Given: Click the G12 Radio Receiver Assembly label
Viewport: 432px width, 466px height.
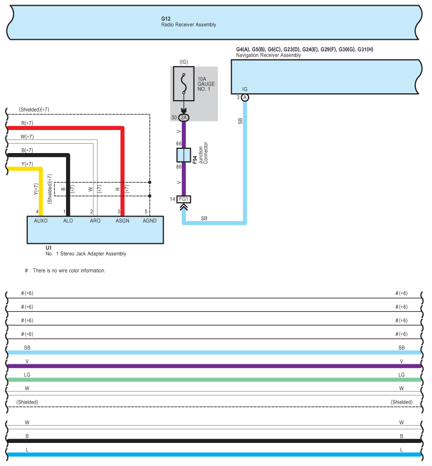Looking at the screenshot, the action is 189,21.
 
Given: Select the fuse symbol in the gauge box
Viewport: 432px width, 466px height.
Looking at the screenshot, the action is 183,83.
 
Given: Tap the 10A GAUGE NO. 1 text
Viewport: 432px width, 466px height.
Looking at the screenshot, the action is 206,84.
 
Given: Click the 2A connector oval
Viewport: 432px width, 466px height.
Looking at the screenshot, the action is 183,118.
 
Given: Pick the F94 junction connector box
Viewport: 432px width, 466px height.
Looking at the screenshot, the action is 183,155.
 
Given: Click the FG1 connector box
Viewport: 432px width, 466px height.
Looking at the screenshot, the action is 183,199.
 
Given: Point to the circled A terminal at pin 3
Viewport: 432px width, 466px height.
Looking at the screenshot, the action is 245,97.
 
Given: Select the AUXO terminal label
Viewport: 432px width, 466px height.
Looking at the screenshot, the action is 41,221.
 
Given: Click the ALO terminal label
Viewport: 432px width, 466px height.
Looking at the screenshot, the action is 68,221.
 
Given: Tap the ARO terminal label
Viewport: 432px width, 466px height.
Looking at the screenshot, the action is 95,221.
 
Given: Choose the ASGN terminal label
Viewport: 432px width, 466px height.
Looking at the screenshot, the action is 123,221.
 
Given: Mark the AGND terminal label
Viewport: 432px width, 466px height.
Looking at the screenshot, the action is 149,221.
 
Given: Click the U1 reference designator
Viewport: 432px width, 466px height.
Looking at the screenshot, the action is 48,248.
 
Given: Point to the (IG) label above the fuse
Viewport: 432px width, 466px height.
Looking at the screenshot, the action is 183,62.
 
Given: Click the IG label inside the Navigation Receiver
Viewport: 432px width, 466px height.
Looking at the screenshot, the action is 245,89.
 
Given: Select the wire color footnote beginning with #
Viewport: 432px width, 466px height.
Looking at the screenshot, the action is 65,271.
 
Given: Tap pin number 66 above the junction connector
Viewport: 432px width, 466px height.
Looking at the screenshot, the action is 179,144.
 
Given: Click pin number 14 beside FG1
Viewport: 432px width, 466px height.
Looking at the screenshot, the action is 172,199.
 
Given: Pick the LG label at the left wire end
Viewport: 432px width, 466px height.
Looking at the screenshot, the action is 27,375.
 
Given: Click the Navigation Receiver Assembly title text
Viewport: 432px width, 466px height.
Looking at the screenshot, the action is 268,55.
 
